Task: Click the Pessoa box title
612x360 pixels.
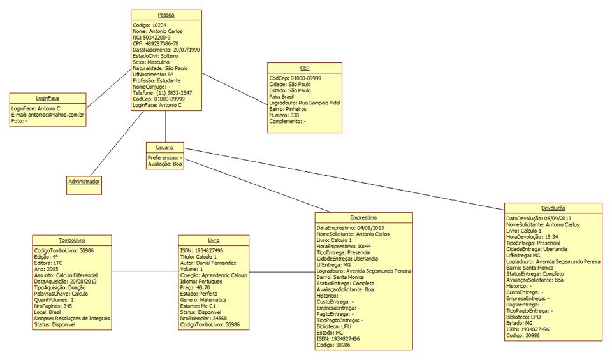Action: pyautogui.click(x=166, y=15)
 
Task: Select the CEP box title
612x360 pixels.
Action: pyautogui.click(x=305, y=68)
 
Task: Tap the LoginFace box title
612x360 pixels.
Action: pyautogui.click(x=48, y=98)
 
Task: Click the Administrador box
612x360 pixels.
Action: pyautogui.click(x=84, y=182)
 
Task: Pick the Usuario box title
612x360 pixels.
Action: pyautogui.click(x=164, y=147)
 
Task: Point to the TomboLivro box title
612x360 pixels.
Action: pyautogui.click(x=72, y=240)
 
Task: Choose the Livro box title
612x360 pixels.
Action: pyautogui.click(x=214, y=240)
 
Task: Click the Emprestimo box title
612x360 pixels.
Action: pyautogui.click(x=363, y=217)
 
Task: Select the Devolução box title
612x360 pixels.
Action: pyautogui.click(x=552, y=208)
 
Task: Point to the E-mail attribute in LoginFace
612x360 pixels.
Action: pyautogui.click(x=48, y=115)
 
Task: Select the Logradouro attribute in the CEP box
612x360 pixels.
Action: pyautogui.click(x=305, y=102)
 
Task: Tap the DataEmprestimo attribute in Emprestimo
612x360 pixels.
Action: pyautogui.click(x=351, y=227)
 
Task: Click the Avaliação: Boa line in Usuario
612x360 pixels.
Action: pyautogui.click(x=165, y=164)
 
